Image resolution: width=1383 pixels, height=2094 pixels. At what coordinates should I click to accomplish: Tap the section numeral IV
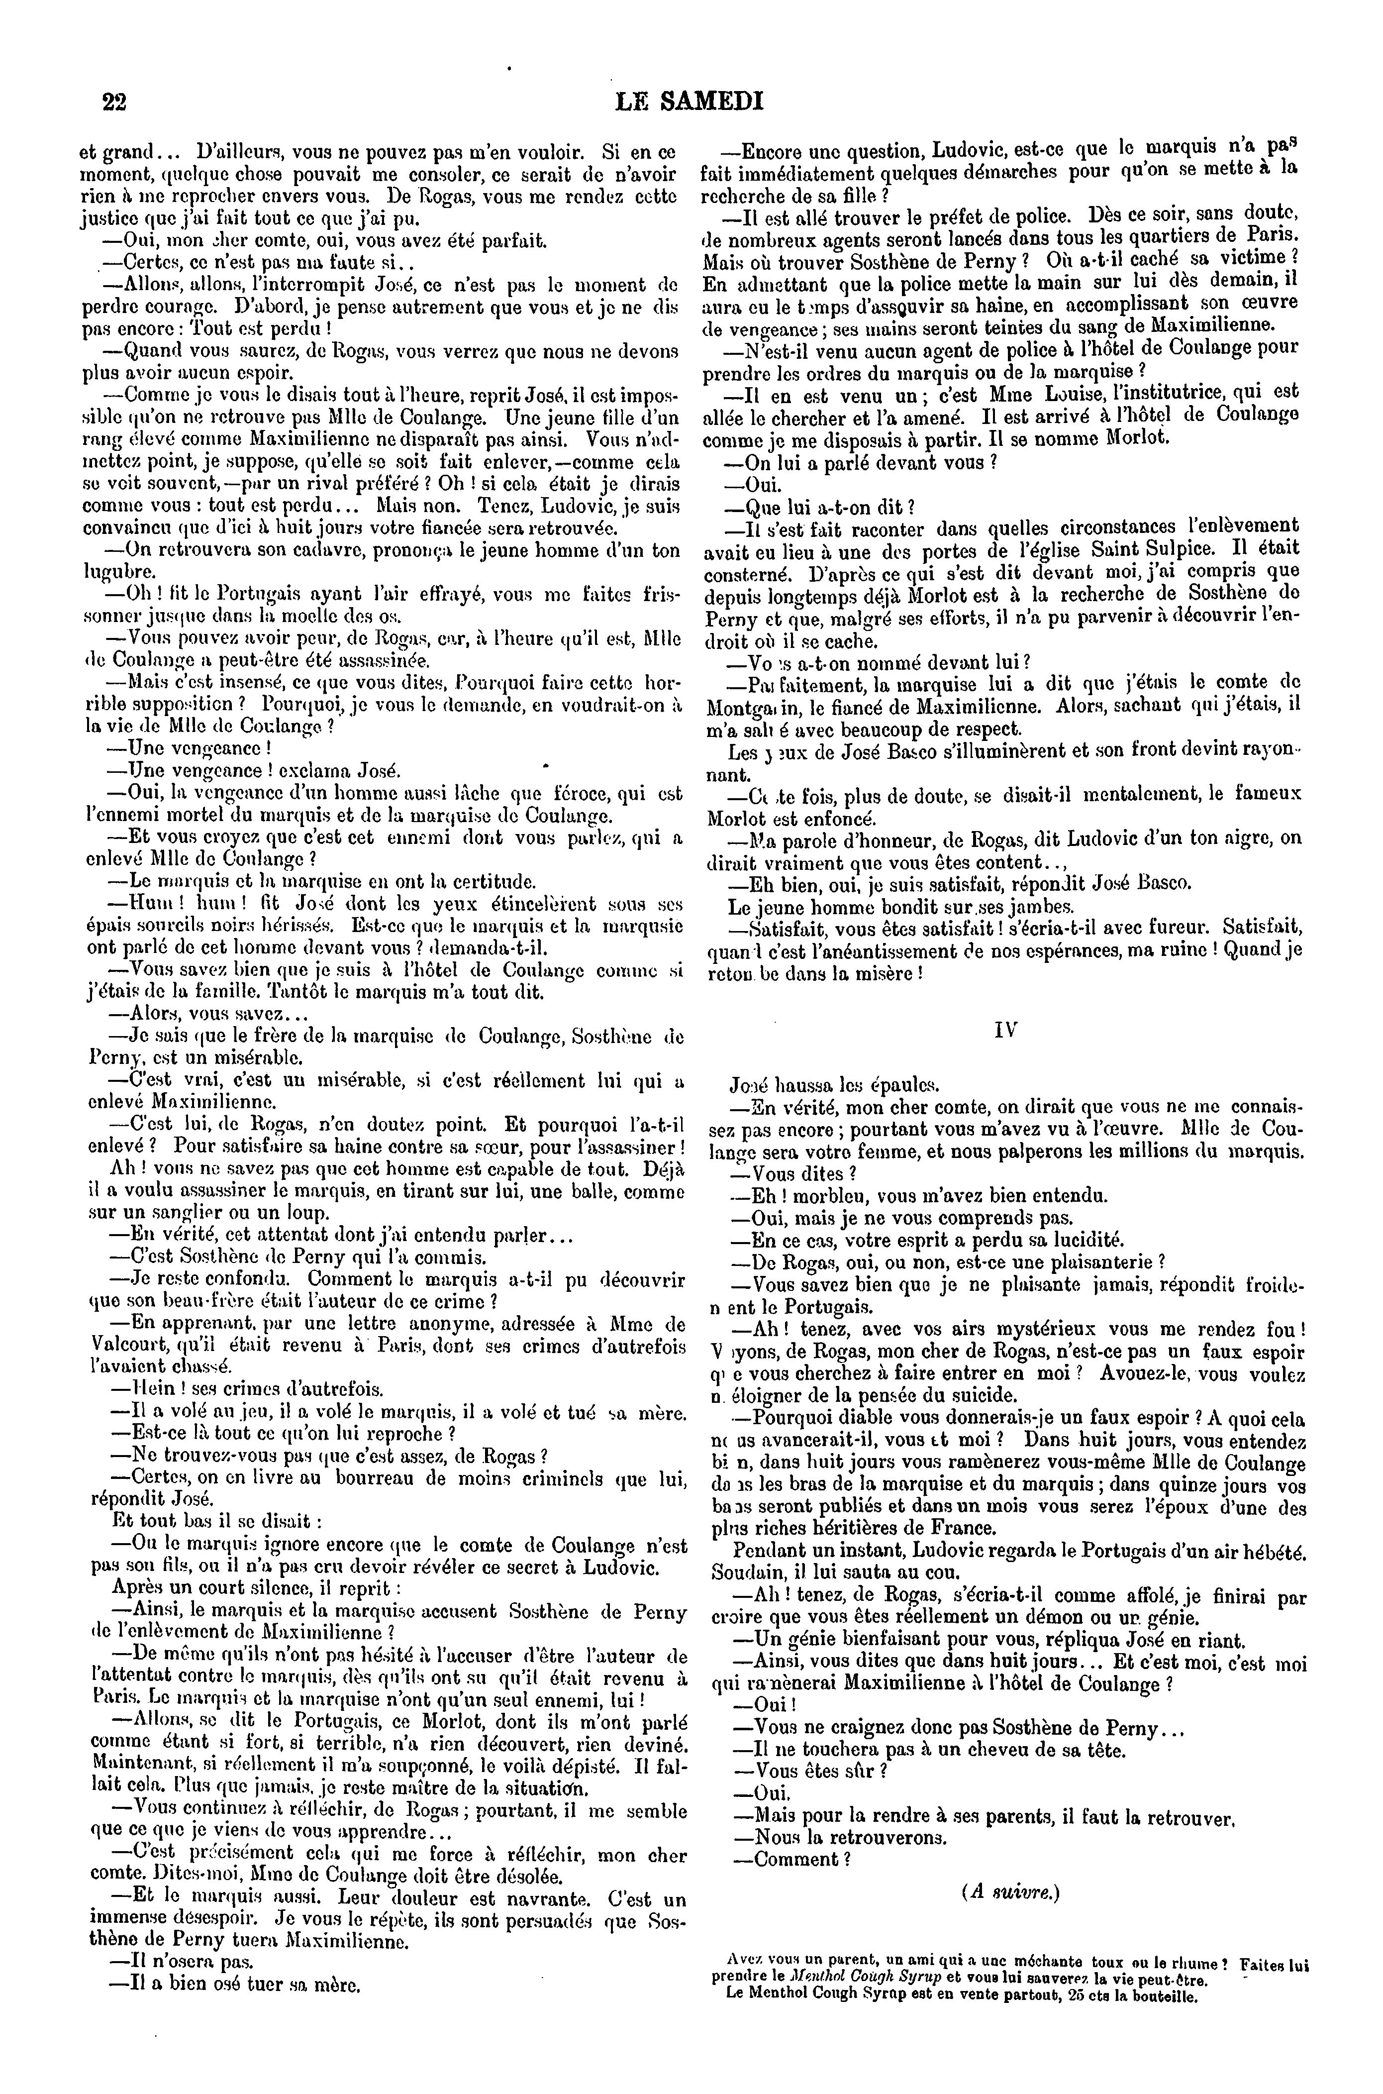click(x=1005, y=1030)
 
